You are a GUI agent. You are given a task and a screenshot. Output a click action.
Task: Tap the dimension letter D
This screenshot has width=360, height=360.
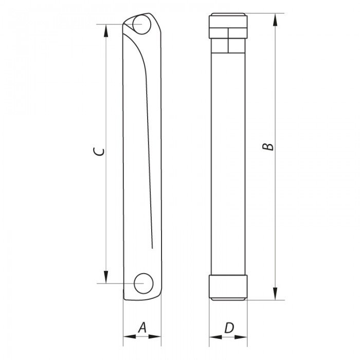pos(229,327)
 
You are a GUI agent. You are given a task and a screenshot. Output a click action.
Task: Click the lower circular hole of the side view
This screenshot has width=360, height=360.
pos(142,283)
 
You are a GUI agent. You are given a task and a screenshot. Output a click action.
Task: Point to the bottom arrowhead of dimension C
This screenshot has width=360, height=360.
pos(106,277)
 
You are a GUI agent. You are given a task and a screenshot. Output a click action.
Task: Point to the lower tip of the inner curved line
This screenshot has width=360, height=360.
pos(152,247)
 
